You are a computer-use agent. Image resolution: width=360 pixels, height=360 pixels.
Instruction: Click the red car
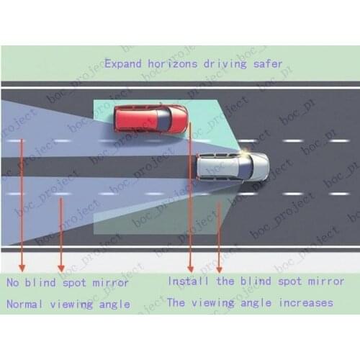coord(150,120)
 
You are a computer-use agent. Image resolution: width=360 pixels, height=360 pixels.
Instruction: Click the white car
coord(233,166)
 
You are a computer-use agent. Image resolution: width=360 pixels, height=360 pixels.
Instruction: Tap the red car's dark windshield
coord(165,120)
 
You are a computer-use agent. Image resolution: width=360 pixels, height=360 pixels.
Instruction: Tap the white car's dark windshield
coord(246,167)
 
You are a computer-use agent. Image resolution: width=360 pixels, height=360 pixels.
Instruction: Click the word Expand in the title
coord(123,64)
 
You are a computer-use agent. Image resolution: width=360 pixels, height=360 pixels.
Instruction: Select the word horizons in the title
coord(173,64)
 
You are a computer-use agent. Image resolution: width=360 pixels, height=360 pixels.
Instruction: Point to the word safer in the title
coord(268,64)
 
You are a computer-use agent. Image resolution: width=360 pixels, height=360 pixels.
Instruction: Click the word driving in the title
coord(225,64)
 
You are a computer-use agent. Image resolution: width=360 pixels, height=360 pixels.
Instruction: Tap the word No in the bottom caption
coord(13,282)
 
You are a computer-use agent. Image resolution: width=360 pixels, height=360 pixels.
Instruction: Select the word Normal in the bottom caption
coord(24,305)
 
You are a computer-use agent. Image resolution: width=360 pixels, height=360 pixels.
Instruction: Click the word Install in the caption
coord(188,281)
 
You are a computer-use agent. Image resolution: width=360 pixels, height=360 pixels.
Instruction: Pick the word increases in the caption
coord(306,303)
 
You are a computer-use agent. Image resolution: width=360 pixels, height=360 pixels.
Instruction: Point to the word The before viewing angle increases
coord(176,302)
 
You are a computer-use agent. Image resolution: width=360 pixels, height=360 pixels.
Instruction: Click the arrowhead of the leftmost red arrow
coord(22,269)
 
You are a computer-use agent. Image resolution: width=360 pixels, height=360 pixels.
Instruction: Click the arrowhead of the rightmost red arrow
coord(219,269)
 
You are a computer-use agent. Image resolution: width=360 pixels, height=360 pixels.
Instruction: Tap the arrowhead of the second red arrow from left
coord(61,269)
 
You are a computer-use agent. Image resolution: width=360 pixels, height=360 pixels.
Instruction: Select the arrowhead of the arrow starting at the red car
coord(190,269)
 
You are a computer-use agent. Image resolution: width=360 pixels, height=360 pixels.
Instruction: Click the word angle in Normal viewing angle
coord(114,305)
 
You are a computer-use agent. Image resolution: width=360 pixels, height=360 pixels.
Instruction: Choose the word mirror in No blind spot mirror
coord(111,283)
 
